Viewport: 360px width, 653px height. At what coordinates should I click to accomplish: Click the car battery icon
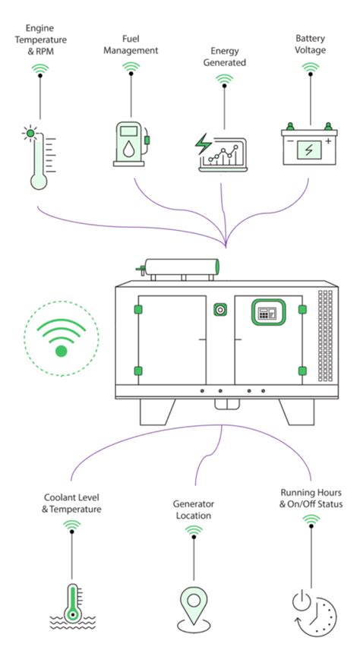pyautogui.click(x=309, y=144)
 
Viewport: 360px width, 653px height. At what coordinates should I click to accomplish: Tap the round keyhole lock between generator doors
pyautogui.click(x=220, y=311)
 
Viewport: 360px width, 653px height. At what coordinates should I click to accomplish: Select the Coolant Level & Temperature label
pyautogui.click(x=71, y=503)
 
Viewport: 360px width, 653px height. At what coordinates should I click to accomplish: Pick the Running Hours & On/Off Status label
pyautogui.click(x=311, y=497)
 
